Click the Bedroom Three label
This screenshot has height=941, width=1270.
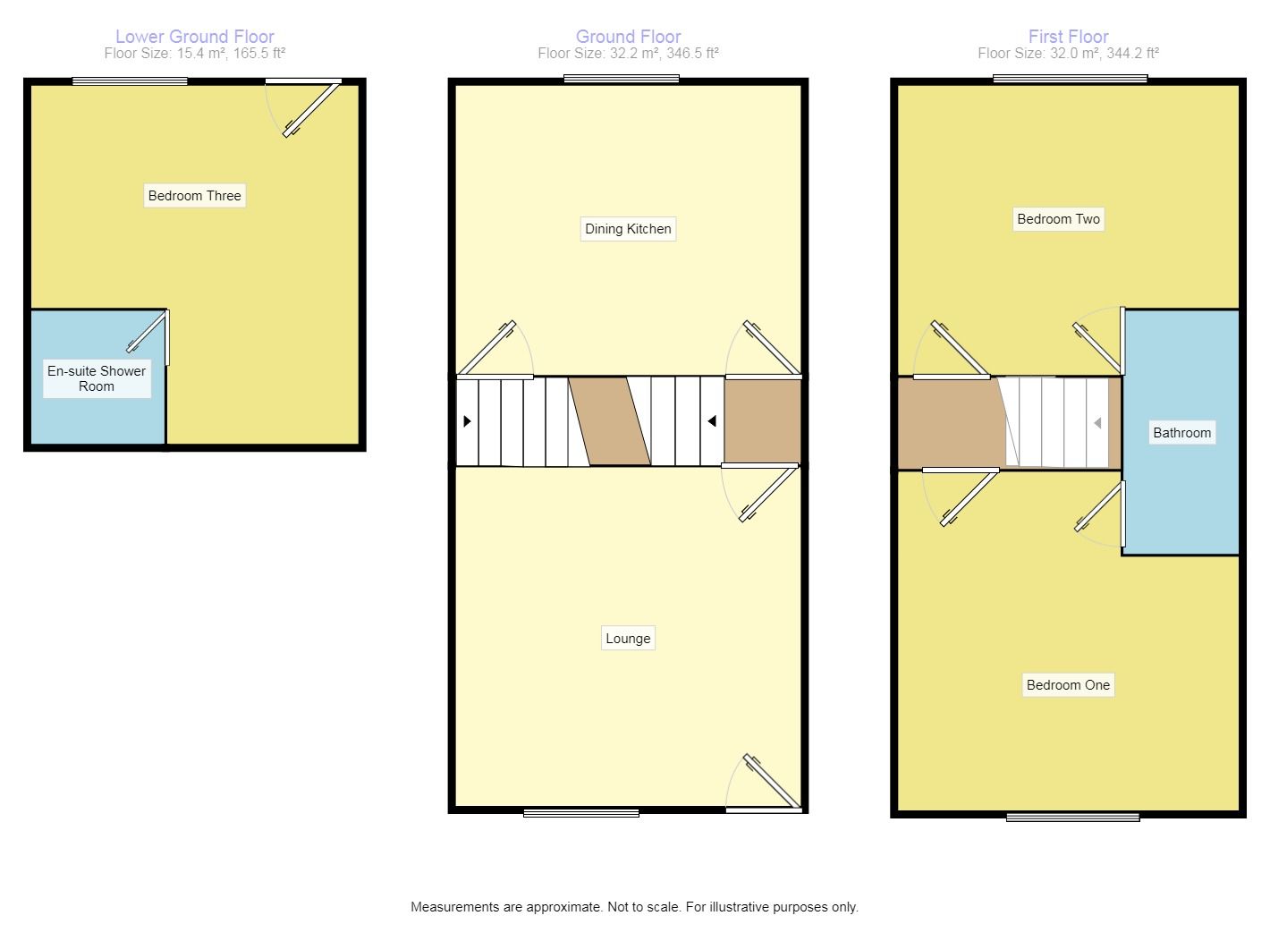coord(194,196)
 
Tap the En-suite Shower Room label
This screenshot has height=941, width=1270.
coord(97,378)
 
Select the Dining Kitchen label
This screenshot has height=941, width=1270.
coord(628,229)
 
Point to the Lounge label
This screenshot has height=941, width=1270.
coord(628,639)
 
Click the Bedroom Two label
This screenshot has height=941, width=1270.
coord(1058,219)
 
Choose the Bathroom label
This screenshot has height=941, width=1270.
coord(1181,433)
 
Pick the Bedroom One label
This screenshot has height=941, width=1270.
coord(1068,685)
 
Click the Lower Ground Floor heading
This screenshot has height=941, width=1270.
coord(194,37)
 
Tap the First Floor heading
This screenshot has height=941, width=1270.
coord(1068,37)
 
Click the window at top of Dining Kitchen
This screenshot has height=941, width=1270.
coord(621,80)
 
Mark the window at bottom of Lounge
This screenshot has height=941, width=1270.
coord(581,813)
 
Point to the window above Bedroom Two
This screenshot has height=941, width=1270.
coord(1070,80)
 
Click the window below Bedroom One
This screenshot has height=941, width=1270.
coord(1072,817)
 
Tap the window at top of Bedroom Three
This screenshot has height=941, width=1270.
coord(130,81)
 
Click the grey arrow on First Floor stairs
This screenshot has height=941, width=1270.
coord(1097,423)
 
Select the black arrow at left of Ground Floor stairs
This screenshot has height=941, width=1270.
coord(467,421)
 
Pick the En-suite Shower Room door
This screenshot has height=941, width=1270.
coord(148,332)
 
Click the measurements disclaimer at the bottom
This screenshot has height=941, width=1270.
coord(634,907)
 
